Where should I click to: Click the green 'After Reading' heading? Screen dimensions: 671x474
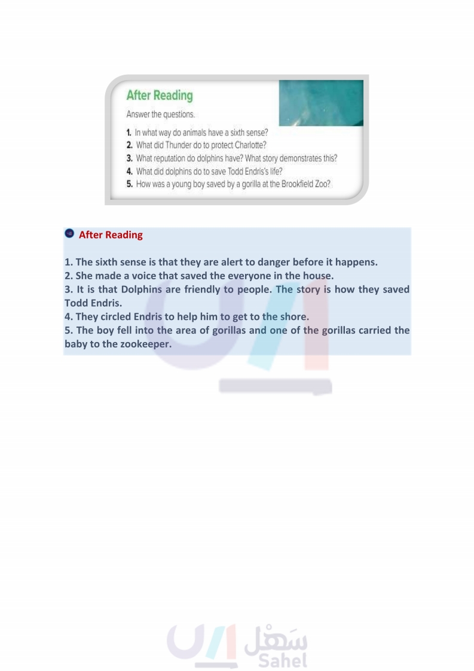pos(160,96)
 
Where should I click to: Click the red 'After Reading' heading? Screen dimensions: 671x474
pos(111,235)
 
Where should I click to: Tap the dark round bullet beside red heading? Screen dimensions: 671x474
pos(69,234)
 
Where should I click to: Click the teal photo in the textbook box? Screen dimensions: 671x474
pos(321,102)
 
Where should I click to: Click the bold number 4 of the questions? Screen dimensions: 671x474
pos(129,172)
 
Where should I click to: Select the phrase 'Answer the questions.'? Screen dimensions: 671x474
pos(160,114)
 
